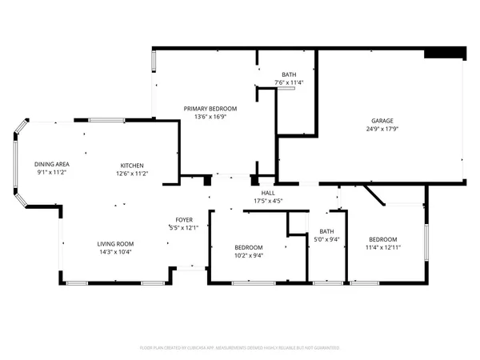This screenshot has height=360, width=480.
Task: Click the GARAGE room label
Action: pyautogui.click(x=382, y=119)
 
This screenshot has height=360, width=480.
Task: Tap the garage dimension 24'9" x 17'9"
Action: pyautogui.click(x=382, y=128)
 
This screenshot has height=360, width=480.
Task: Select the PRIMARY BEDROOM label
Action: pyautogui.click(x=210, y=108)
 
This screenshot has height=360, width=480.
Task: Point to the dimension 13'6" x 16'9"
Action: pyautogui.click(x=210, y=117)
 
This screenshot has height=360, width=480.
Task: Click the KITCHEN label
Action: pyautogui.click(x=132, y=165)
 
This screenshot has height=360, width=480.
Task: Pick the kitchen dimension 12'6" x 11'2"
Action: pyautogui.click(x=132, y=174)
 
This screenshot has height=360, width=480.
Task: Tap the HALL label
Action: pyautogui.click(x=268, y=192)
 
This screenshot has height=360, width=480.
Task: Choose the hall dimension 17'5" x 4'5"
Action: pyautogui.click(x=268, y=200)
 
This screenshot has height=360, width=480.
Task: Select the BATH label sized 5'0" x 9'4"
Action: pyautogui.click(x=327, y=232)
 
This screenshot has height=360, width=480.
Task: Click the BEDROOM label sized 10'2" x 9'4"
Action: pyautogui.click(x=250, y=247)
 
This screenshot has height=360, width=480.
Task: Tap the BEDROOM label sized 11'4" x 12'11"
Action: pyautogui.click(x=383, y=239)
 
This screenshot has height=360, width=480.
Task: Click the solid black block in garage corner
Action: pyautogui.click(x=444, y=52)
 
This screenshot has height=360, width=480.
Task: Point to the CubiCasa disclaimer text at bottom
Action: pyautogui.click(x=240, y=348)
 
